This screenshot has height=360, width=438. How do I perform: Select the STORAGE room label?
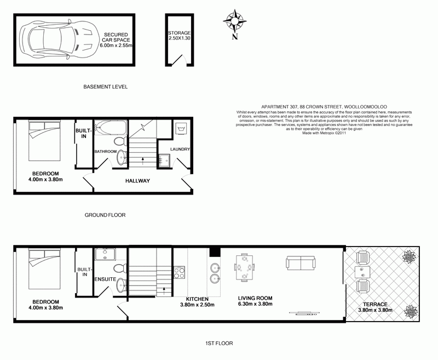point(179,33)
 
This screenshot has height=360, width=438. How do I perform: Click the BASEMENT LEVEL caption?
point(105,87)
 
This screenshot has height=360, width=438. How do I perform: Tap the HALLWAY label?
point(137,181)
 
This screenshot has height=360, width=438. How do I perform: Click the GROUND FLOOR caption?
point(105,215)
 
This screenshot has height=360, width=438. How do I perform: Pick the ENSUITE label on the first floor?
point(105,279)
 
